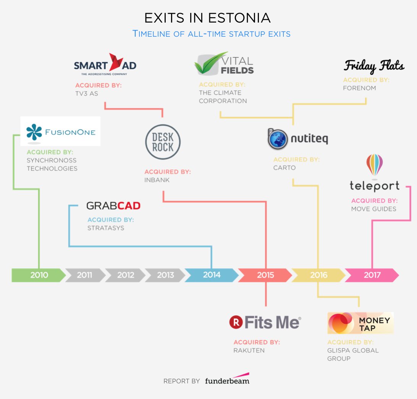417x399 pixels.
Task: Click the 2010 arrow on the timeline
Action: [x=39, y=275]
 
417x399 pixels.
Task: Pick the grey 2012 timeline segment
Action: [x=125, y=275]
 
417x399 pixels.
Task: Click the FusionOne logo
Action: [x=60, y=132]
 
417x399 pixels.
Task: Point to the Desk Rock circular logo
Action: [x=163, y=142]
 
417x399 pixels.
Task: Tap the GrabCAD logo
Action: [x=113, y=206]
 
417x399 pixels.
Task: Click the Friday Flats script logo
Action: [x=374, y=66]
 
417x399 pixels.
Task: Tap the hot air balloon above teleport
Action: [x=375, y=165]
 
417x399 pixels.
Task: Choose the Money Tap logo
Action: [x=360, y=323]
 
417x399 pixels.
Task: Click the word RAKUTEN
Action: [x=249, y=350]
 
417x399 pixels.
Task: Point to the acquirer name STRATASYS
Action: [x=106, y=228]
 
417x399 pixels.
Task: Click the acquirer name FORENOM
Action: [x=359, y=88]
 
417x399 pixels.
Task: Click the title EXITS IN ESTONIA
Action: [x=207, y=18]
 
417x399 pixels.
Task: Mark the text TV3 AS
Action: [x=87, y=94]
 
